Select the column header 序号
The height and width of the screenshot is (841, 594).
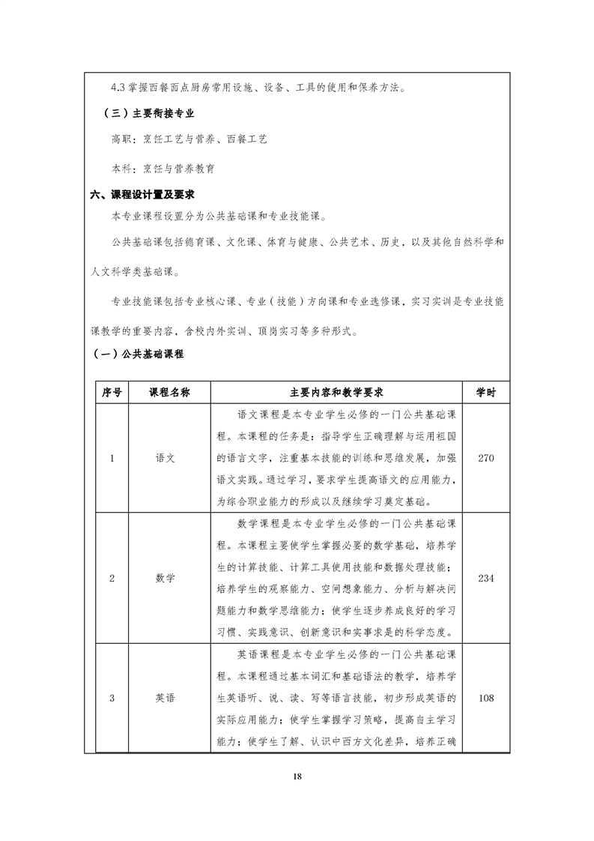(x=112, y=392)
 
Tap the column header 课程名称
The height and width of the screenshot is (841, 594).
(x=169, y=392)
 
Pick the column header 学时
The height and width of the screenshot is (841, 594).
(x=485, y=392)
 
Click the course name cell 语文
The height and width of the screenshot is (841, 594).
(x=165, y=459)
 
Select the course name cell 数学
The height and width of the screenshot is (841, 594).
(x=165, y=578)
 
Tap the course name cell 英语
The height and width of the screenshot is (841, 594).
(x=165, y=699)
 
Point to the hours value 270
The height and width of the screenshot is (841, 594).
(x=485, y=459)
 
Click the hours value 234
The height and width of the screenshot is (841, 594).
(x=485, y=578)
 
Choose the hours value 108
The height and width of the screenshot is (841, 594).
(x=485, y=699)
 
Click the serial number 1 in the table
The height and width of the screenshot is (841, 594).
(x=112, y=459)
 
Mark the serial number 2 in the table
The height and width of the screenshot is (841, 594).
(x=112, y=578)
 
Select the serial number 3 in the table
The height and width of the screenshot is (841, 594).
(x=112, y=699)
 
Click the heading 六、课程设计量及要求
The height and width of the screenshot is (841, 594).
(x=142, y=194)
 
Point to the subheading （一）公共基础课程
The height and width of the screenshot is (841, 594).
(x=138, y=354)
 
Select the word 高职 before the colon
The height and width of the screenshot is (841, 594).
(x=120, y=139)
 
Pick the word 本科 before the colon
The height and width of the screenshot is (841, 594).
(x=120, y=169)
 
